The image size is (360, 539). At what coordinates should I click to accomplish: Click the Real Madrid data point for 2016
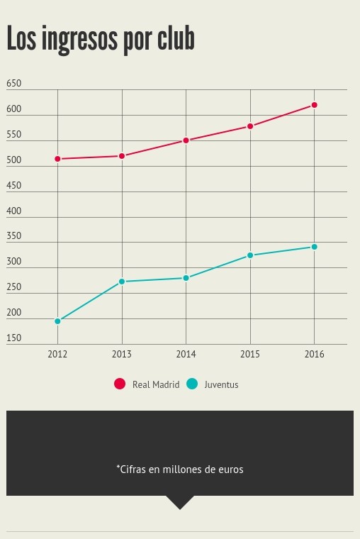tap(314, 105)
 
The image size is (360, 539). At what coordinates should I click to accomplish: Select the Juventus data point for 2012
tap(57, 321)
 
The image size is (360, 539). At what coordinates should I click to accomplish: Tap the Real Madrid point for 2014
tap(186, 140)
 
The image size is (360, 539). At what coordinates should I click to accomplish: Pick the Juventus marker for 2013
tap(122, 282)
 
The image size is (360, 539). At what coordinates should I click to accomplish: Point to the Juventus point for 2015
tap(250, 255)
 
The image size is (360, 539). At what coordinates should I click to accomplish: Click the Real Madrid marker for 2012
tap(57, 159)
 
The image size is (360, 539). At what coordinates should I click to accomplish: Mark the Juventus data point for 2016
tap(314, 247)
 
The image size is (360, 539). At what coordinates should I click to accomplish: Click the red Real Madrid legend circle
tap(120, 384)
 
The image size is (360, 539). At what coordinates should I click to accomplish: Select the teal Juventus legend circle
tap(192, 384)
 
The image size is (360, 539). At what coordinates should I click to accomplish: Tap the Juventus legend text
tap(221, 384)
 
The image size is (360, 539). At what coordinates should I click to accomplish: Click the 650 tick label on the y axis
tap(13, 83)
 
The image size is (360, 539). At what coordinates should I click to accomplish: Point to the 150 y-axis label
tap(13, 338)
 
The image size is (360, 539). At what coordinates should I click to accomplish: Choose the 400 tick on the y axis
tap(13, 211)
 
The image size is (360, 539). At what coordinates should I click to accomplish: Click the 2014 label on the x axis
tap(186, 354)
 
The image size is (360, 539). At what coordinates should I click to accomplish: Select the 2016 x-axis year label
tap(314, 354)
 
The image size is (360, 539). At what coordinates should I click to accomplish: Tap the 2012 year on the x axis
tap(57, 354)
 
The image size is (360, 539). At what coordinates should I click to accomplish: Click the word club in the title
tap(176, 38)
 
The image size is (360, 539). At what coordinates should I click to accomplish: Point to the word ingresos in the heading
tap(79, 40)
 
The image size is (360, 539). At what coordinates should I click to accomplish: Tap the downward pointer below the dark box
tap(180, 502)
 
